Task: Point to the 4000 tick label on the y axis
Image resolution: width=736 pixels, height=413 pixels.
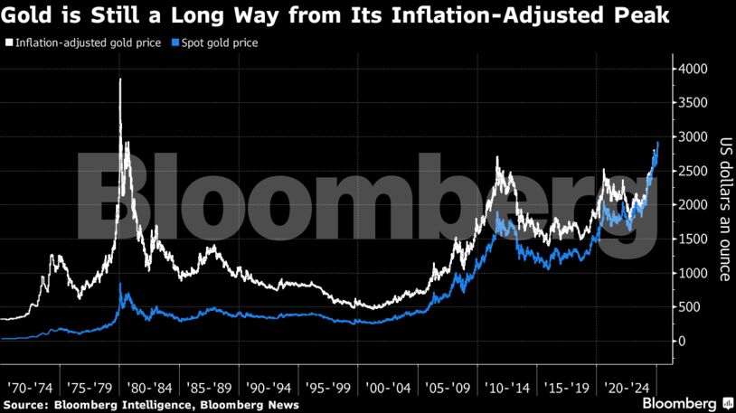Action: (x=694, y=69)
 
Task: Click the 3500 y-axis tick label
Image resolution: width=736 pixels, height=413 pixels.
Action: (x=694, y=103)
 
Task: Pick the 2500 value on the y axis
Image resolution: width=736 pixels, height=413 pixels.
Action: (x=694, y=171)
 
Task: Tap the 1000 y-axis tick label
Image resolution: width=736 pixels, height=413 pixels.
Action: (x=694, y=273)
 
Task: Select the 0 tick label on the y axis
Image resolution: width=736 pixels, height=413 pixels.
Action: (x=683, y=342)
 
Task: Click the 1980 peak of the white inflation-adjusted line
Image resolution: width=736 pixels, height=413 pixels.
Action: (x=120, y=80)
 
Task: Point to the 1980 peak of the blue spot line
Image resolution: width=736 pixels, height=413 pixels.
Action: (x=121, y=285)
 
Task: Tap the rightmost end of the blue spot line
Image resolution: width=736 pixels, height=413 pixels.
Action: (x=658, y=143)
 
